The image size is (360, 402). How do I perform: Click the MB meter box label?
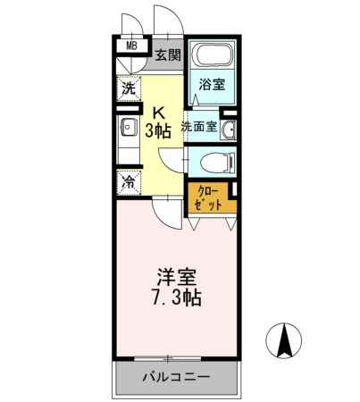tap(131, 46)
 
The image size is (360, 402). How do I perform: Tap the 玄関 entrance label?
tap(167, 55)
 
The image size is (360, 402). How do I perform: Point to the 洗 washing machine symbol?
tap(129, 88)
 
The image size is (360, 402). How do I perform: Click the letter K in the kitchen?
tap(159, 113)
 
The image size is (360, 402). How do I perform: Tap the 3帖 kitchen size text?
tap(159, 130)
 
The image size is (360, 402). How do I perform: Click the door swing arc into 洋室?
tap(163, 213)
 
